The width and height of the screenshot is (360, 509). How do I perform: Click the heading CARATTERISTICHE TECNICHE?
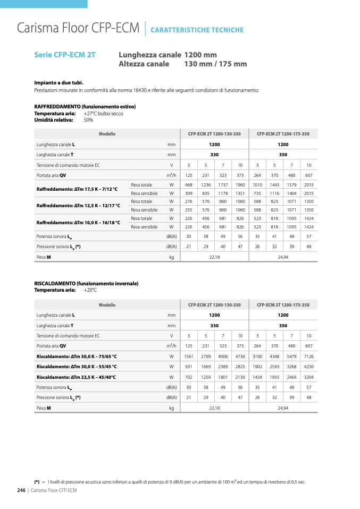point(197,30)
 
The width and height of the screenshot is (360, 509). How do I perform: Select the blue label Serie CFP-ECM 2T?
point(65,55)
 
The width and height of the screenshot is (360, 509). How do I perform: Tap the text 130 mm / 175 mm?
point(215,64)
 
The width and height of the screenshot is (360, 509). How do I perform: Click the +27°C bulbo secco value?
point(103,113)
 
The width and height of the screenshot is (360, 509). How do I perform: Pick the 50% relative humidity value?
point(88,120)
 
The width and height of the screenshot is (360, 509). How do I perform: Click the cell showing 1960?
point(240,184)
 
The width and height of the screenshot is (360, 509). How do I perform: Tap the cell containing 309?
point(188,193)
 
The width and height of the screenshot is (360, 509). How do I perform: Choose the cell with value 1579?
point(291,184)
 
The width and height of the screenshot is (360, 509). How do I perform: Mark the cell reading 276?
point(188,201)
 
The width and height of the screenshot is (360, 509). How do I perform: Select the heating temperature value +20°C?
point(90,290)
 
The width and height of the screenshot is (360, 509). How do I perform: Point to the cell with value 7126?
point(309,357)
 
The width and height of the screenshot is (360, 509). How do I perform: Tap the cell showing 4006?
point(223,357)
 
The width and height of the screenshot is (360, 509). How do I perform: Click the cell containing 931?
point(188,367)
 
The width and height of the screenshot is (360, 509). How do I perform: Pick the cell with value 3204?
point(309,377)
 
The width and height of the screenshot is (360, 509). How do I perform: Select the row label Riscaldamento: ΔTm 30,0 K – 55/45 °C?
point(77,367)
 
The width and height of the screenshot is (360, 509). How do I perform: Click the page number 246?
point(22,490)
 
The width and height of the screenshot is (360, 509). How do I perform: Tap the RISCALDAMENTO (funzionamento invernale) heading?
point(86,284)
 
